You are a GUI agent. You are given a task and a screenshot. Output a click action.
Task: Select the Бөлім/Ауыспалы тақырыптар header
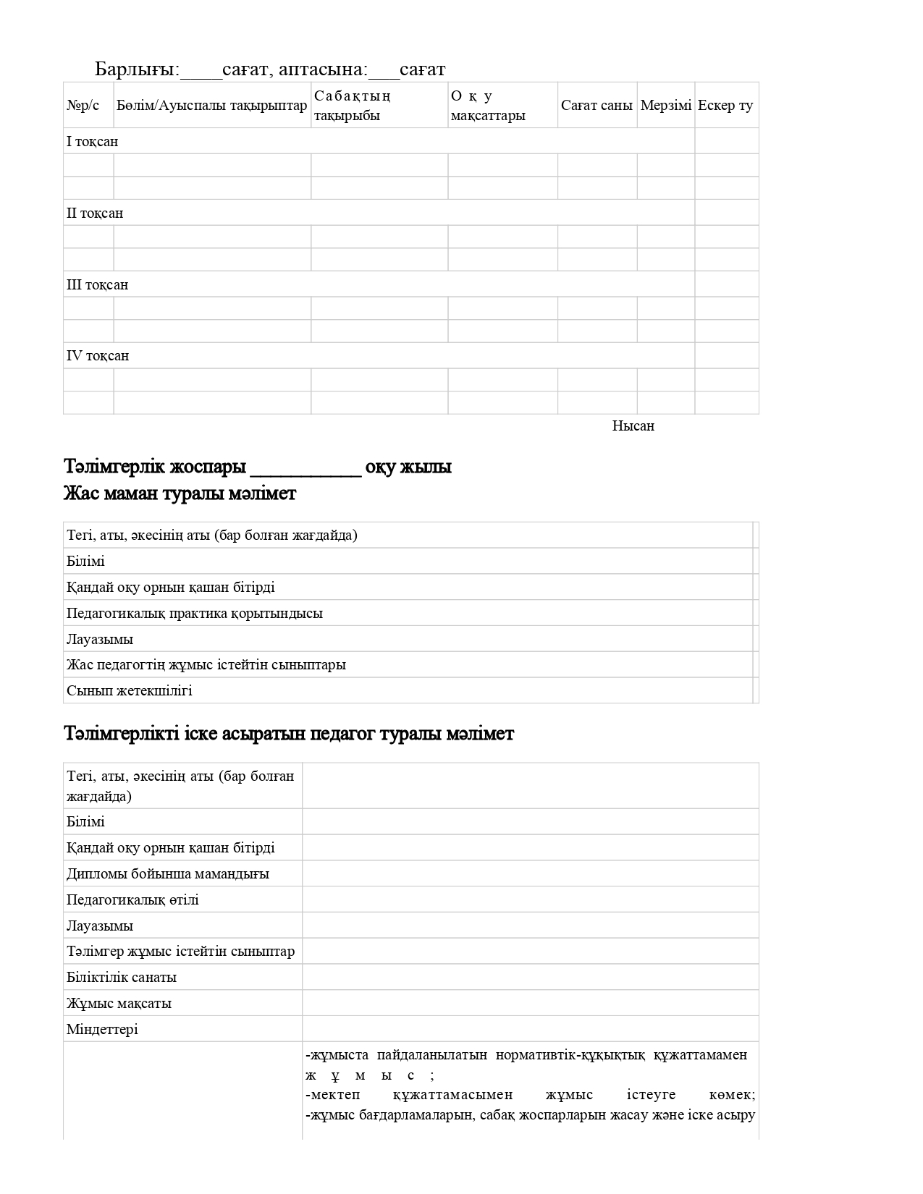(x=211, y=106)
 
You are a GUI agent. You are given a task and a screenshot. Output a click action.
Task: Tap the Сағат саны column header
(x=597, y=106)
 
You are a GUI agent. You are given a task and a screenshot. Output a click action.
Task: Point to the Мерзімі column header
(x=665, y=106)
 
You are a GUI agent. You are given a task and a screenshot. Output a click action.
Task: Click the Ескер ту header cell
(x=725, y=106)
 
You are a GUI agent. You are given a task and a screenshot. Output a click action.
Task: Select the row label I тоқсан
(x=92, y=142)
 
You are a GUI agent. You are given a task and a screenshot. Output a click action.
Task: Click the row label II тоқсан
(x=95, y=213)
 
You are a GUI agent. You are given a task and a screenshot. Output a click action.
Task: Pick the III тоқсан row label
(x=97, y=285)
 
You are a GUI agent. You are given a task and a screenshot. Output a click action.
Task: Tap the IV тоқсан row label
(x=98, y=356)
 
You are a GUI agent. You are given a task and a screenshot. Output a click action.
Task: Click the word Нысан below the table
(x=633, y=426)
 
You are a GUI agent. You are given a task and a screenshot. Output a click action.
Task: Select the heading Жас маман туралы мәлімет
(x=180, y=494)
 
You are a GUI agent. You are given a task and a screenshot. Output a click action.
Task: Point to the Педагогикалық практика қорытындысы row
(x=195, y=614)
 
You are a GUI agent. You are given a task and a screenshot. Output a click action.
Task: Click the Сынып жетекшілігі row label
(x=130, y=691)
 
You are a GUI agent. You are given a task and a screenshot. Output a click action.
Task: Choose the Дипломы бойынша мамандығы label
(x=168, y=874)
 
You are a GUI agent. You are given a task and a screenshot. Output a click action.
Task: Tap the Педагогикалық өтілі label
(x=132, y=900)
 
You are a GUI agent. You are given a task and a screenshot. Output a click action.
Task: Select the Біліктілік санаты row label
(x=122, y=978)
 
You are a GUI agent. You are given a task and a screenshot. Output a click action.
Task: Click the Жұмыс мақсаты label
(x=119, y=1004)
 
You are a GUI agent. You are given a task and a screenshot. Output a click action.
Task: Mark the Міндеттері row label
(x=102, y=1030)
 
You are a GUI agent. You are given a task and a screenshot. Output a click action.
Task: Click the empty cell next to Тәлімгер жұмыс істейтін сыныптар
(x=530, y=952)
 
